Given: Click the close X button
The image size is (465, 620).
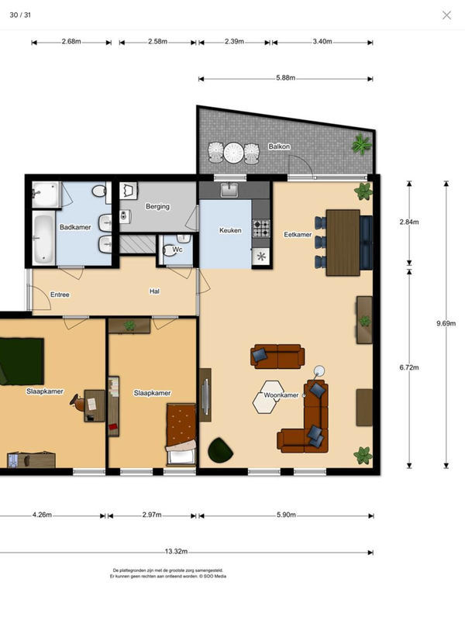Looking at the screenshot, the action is (x=446, y=15).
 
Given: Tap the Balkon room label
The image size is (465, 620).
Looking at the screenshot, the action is (x=279, y=146).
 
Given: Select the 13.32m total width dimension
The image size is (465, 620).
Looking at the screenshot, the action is (x=177, y=551).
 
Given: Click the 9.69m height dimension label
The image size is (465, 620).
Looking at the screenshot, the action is (x=446, y=323).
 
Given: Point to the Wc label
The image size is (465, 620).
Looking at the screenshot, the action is (x=177, y=250).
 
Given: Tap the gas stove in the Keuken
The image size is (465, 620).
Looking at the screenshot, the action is (x=261, y=228).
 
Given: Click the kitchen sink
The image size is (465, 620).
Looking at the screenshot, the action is (x=229, y=190).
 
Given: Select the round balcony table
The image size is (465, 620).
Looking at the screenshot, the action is (x=233, y=152).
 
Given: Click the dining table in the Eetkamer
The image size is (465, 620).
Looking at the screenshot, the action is (x=343, y=243).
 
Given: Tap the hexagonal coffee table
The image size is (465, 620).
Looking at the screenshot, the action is (x=268, y=397).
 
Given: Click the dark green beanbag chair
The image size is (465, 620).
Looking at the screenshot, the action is (x=220, y=450).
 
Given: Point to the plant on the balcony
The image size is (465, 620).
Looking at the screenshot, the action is (x=362, y=144).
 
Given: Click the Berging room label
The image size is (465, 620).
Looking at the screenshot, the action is (x=157, y=206).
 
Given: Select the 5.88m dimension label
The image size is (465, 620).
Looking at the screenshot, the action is (x=285, y=78).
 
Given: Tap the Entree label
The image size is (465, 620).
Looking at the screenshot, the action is (x=60, y=294).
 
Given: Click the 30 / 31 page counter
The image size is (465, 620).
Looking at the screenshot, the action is (x=20, y=15).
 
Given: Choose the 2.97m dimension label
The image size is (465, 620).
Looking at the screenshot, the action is (x=152, y=515).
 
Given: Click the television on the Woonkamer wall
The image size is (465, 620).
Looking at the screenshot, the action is (x=205, y=395).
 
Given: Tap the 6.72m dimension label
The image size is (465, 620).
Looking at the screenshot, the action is (x=409, y=367).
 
